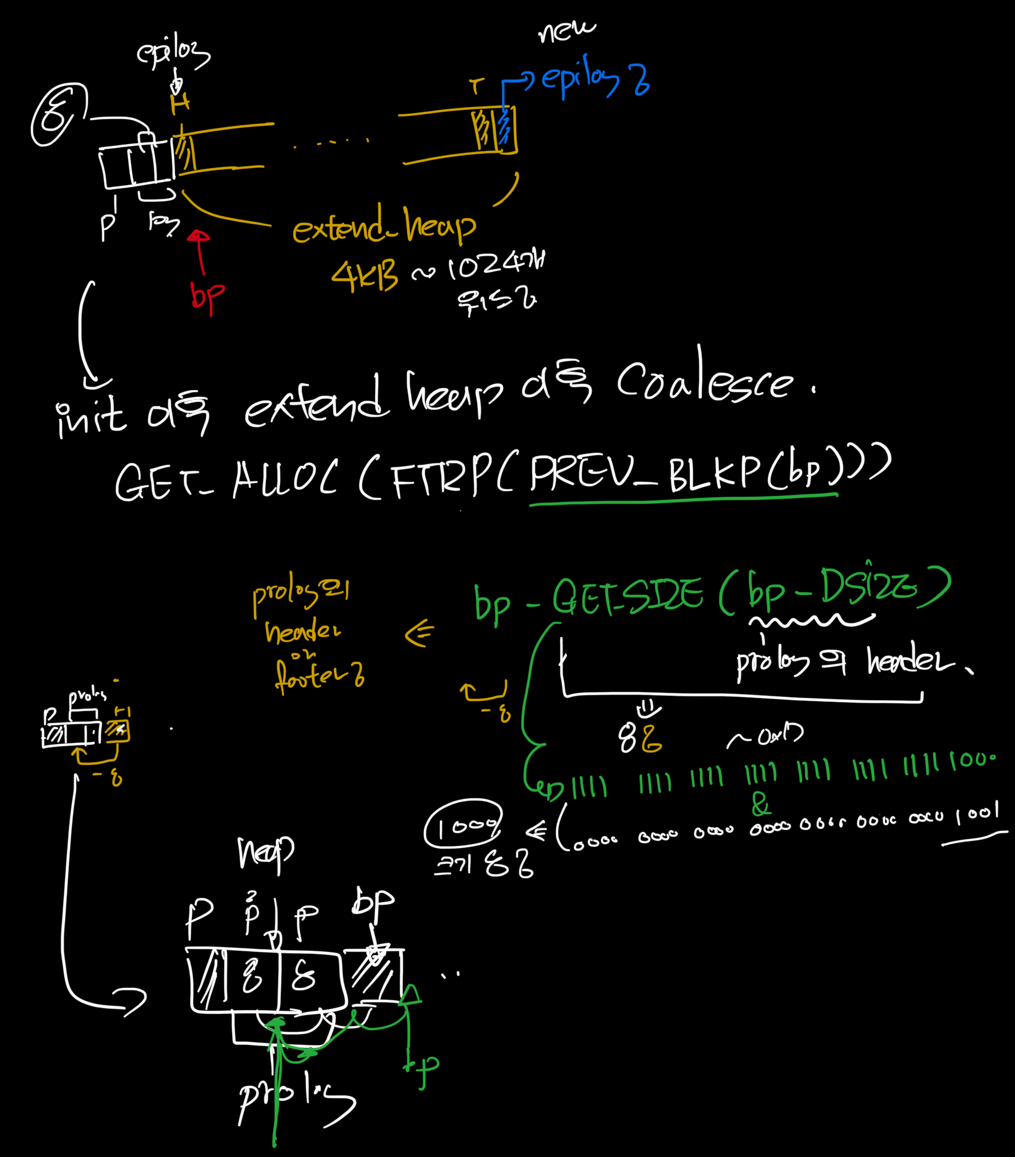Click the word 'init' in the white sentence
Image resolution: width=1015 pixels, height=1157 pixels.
click(x=91, y=416)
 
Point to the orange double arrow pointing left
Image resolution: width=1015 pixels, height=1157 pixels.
click(x=419, y=633)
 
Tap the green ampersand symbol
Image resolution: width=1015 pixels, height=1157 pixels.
click(x=761, y=805)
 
